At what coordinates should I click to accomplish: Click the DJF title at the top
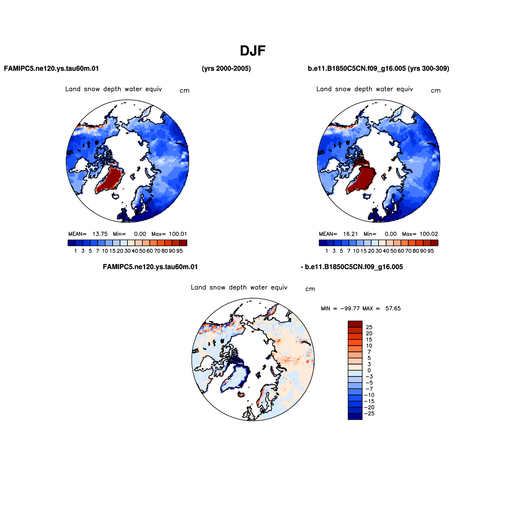(x=253, y=51)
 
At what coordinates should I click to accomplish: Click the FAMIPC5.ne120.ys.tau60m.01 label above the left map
(x=51, y=69)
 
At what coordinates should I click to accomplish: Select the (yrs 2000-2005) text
(x=226, y=69)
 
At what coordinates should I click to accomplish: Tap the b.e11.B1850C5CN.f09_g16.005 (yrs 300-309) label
(x=379, y=69)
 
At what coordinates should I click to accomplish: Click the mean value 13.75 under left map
(x=100, y=234)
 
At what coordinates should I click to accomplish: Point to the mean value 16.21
(x=350, y=234)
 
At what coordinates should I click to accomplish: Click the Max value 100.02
(x=429, y=234)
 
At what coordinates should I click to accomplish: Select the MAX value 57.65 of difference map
(x=393, y=309)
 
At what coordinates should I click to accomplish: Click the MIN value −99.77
(x=350, y=309)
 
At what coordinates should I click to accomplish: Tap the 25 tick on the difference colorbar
(x=369, y=327)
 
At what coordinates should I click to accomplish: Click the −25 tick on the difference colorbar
(x=369, y=414)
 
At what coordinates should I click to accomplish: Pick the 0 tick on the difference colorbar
(x=369, y=371)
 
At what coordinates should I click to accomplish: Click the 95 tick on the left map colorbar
(x=180, y=251)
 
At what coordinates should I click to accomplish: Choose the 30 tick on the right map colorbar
(x=379, y=251)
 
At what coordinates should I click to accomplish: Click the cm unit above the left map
(x=184, y=91)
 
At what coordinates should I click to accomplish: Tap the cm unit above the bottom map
(x=310, y=289)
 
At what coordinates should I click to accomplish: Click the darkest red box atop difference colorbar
(x=355, y=324)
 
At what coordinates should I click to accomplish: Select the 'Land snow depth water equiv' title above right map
(x=365, y=89)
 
